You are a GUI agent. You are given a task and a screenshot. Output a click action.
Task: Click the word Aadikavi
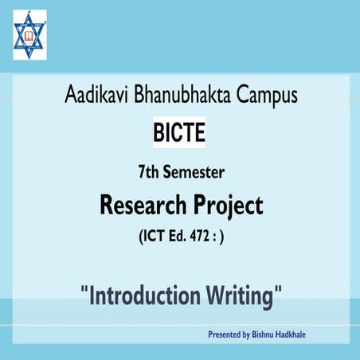pos(97,97)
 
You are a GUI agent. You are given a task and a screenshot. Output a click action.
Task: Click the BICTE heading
pos(178,131)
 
